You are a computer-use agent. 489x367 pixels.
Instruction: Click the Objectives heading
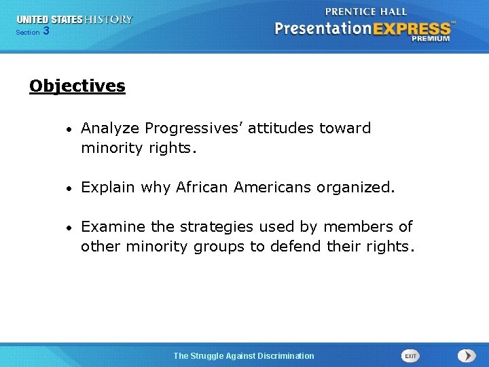coord(77,86)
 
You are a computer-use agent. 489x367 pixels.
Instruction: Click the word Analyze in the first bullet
coord(110,128)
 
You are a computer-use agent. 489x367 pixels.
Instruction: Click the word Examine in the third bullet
coord(111,226)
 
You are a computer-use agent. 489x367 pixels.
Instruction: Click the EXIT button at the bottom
coord(410,355)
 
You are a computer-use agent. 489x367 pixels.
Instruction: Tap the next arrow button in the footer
coord(467,355)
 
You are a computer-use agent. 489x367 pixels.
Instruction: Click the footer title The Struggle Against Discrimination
coord(244,355)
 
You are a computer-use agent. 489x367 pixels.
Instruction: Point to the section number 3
coord(46,31)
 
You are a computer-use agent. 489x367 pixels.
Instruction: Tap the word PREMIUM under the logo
coord(430,39)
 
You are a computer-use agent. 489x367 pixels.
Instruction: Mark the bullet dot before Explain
coord(71,188)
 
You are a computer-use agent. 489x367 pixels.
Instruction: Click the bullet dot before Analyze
coord(71,129)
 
